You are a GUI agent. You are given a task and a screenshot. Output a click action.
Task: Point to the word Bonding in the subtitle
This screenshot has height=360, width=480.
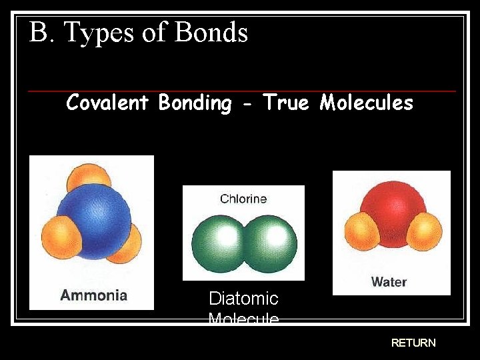pyautogui.click(x=195, y=103)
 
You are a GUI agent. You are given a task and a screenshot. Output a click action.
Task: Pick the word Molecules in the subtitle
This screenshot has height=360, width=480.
pyautogui.click(x=366, y=103)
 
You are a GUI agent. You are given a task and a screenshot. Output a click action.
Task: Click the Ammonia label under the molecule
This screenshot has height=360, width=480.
pyautogui.click(x=93, y=295)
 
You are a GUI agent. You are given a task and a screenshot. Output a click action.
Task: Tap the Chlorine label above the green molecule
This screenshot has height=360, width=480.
pyautogui.click(x=243, y=199)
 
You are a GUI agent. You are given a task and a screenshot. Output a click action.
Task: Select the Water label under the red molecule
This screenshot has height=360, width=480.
pyautogui.click(x=389, y=281)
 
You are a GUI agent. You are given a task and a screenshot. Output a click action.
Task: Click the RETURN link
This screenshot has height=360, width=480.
pyautogui.click(x=413, y=343)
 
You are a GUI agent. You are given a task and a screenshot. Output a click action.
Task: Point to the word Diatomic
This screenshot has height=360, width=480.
pyautogui.click(x=243, y=298)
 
